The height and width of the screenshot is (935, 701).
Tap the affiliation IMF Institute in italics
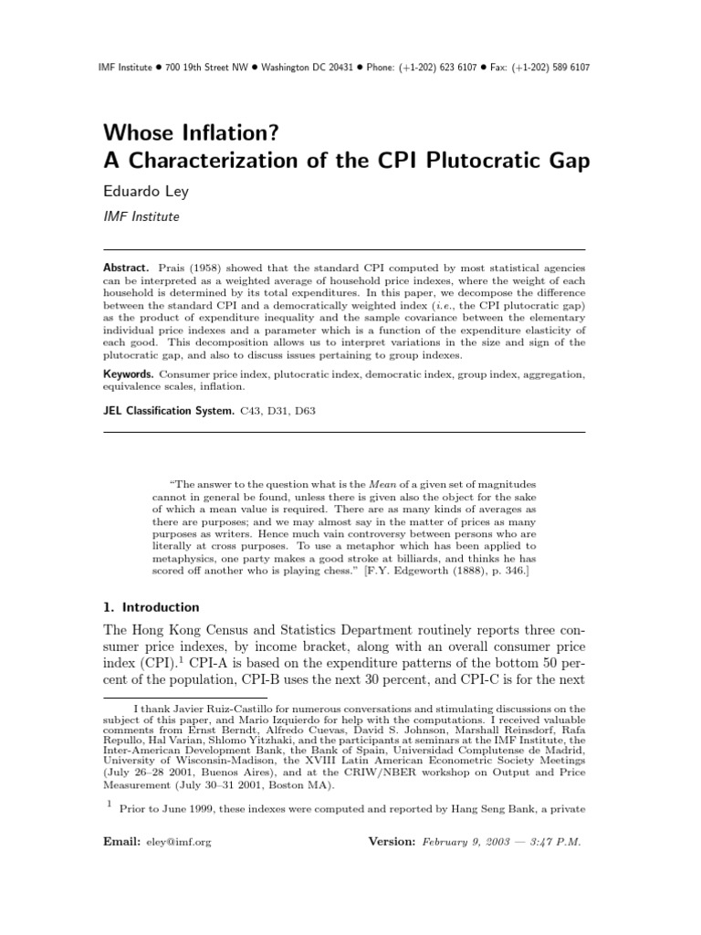click(x=141, y=217)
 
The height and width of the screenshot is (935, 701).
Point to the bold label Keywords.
click(x=128, y=374)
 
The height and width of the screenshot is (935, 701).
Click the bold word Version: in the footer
click(x=392, y=842)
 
